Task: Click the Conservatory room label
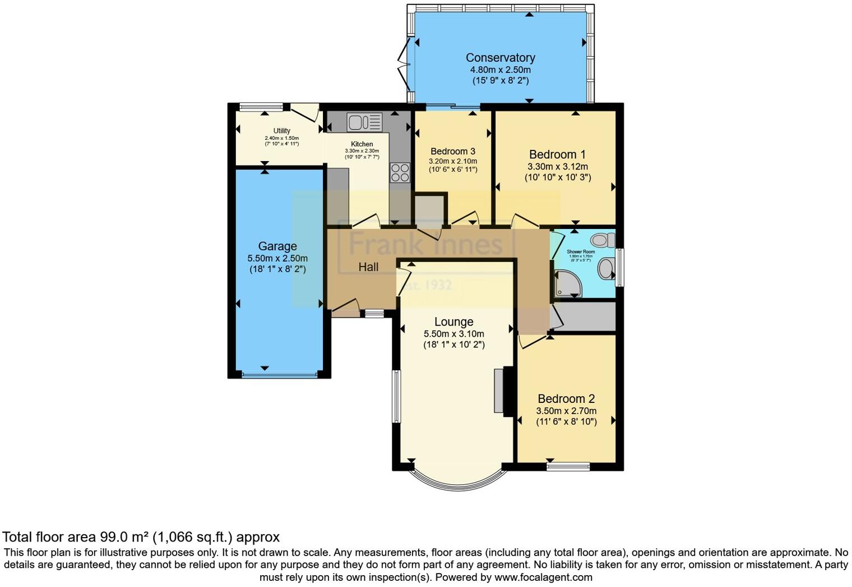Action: [500, 58]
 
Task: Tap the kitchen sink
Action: [364, 121]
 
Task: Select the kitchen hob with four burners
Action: [400, 172]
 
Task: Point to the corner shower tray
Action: [567, 283]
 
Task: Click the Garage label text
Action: [277, 246]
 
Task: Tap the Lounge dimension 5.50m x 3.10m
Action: [453, 334]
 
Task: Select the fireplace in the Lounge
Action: [500, 391]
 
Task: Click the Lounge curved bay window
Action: [454, 480]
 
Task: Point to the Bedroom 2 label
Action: [566, 399]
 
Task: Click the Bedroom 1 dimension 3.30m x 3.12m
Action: [557, 167]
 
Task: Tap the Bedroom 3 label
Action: [453, 152]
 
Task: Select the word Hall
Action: [368, 268]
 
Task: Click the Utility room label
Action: [281, 131]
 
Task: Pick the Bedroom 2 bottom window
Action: [568, 466]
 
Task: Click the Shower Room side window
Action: [619, 267]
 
